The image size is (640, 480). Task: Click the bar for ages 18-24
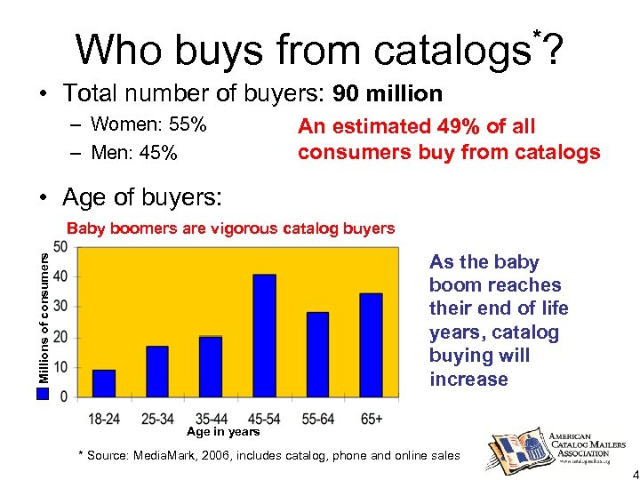(x=104, y=383)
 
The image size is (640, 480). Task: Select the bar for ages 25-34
(x=157, y=372)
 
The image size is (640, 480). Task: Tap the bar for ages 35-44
(x=211, y=366)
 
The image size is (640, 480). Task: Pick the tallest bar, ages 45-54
(x=264, y=335)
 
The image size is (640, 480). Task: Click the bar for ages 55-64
(x=317, y=354)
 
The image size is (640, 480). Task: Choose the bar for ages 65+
(x=371, y=345)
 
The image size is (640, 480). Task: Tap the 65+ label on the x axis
(x=372, y=417)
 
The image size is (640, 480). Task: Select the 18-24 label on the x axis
(x=105, y=417)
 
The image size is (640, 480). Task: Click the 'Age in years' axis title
(x=223, y=432)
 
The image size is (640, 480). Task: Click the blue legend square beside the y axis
(x=44, y=392)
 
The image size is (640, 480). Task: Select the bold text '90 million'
(x=388, y=92)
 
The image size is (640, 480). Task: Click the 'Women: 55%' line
(x=149, y=124)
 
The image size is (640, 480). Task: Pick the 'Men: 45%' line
(x=134, y=153)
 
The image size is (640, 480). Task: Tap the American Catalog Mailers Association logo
(x=556, y=444)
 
